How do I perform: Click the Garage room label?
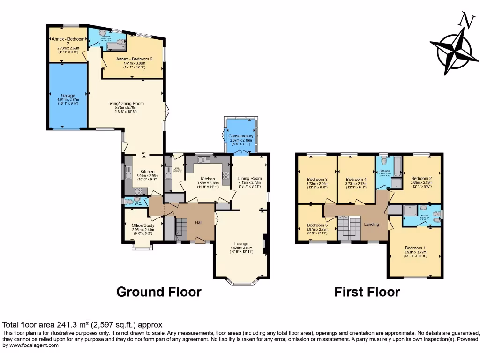click(68, 95)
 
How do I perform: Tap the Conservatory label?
click(241, 136)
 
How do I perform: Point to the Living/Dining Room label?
click(125, 103)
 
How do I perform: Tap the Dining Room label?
click(249, 178)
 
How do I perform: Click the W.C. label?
click(138, 203)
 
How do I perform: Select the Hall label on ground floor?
click(199, 222)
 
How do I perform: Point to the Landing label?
click(372, 225)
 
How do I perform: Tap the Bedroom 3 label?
click(317, 179)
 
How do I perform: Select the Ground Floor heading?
click(158, 292)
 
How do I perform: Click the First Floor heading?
click(367, 292)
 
